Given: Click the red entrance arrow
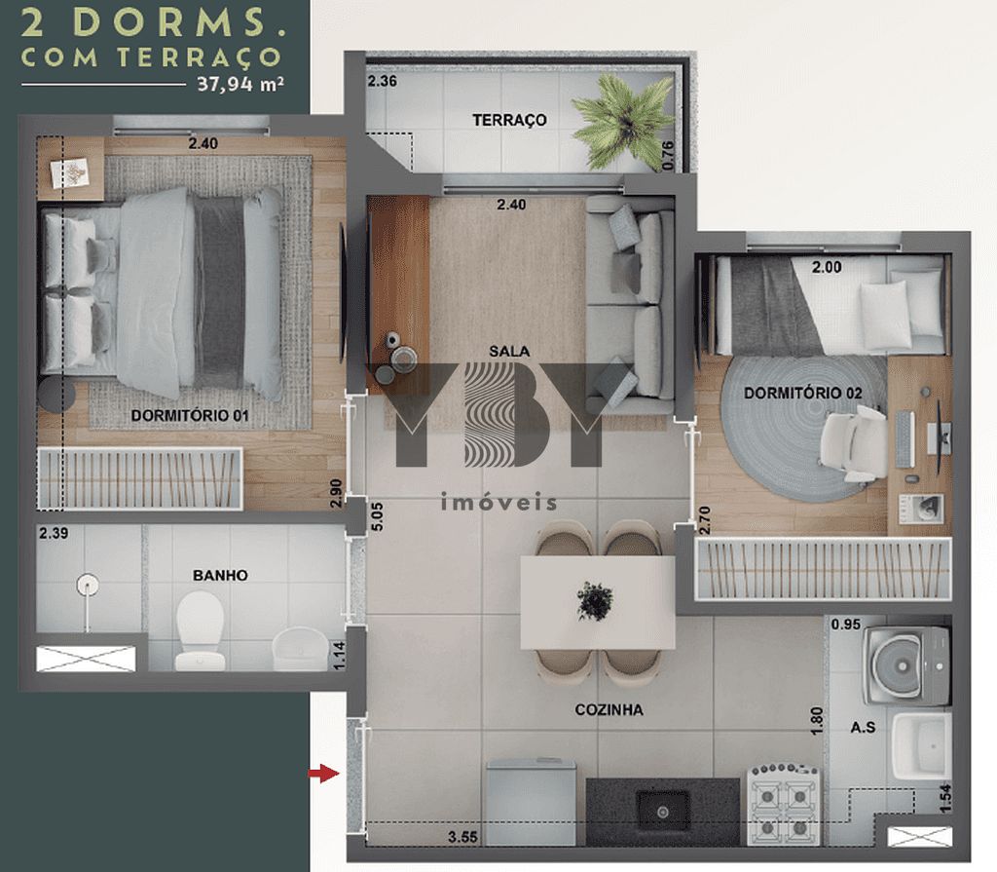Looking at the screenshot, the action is tap(323, 774).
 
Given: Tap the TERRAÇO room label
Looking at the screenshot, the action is tap(509, 120).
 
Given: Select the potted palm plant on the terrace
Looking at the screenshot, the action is tap(624, 121).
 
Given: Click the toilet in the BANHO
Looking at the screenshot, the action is tap(200, 630).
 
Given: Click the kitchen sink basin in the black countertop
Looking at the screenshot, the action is tap(663, 811).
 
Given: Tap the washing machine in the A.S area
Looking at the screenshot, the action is tap(906, 665).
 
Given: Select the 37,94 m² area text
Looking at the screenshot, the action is tap(240, 84).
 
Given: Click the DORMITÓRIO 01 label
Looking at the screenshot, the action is tap(190, 416).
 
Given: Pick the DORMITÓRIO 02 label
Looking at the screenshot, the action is tap(803, 394).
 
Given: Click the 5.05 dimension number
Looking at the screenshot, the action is tap(377, 516).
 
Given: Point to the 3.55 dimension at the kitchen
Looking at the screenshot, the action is tap(462, 837).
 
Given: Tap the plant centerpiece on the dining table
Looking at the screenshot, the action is tap(595, 600).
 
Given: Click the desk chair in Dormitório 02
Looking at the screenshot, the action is tap(853, 442).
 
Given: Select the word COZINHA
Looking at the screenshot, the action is tap(609, 709).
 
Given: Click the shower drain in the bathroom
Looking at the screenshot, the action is tap(87, 585).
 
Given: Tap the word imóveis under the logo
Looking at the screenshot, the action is tap(499, 503).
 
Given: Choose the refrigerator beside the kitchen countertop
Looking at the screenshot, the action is tap(531, 801).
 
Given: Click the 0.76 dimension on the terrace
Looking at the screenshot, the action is tap(667, 155).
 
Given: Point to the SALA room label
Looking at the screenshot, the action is tap(509, 351).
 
